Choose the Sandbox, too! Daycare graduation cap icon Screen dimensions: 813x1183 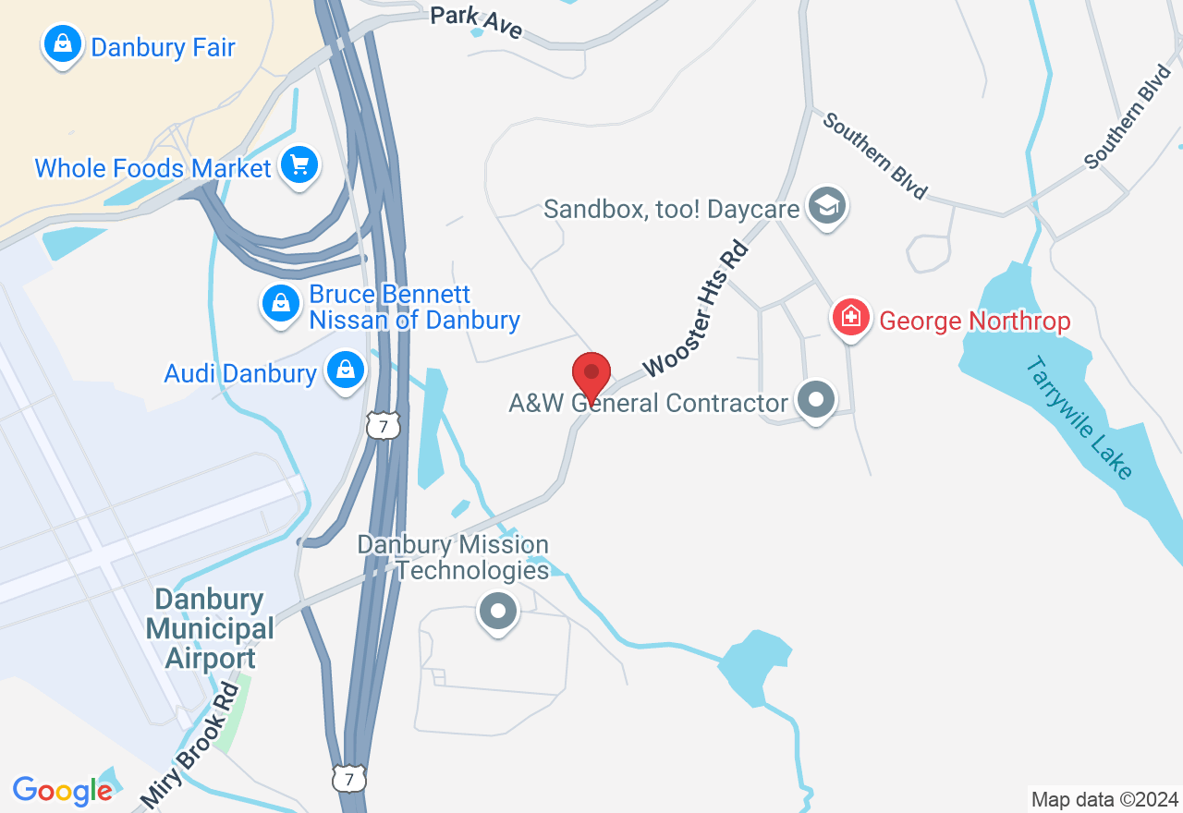pos(825,206)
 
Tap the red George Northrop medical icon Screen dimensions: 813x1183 pos(850,319)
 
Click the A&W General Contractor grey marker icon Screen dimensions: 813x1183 pos(816,401)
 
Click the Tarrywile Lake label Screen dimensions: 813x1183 pos(1079,418)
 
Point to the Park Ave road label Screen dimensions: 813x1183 pos(477,23)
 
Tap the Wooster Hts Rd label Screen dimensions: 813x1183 pos(694,310)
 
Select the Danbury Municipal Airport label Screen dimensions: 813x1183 pos(210,629)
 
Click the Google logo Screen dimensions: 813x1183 pos(63,790)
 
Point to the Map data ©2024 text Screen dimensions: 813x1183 pos(1104,799)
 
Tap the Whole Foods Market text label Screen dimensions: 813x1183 pos(153,168)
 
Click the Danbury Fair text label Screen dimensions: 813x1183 pos(163,47)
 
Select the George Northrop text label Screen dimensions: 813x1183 pos(975,322)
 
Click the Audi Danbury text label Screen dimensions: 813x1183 pos(240,373)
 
